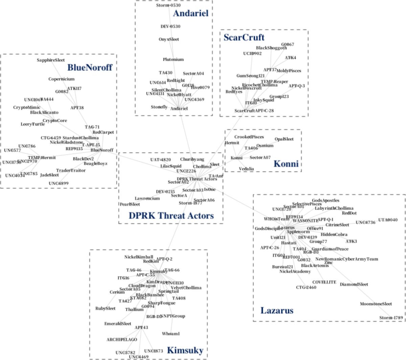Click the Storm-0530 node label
pos(168,5)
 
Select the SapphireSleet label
pos(51,60)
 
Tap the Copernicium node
pos(61,79)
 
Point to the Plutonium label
pos(173,59)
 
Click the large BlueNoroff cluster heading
pos(90,68)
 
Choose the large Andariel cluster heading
pos(190,14)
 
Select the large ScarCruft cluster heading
pos(244,38)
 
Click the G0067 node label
pos(288,44)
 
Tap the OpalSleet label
pos(284,139)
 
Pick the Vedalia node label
pos(246,169)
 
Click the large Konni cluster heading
pos(286,164)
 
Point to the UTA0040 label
pos(388,220)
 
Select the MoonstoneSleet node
pos(376,304)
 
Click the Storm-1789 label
pos(391,318)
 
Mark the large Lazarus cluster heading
pos(277,310)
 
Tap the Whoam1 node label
pos(171,334)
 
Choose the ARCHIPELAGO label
pos(122,340)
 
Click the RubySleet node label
pos(105,309)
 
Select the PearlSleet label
pos(130,205)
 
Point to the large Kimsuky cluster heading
pos(185,351)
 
